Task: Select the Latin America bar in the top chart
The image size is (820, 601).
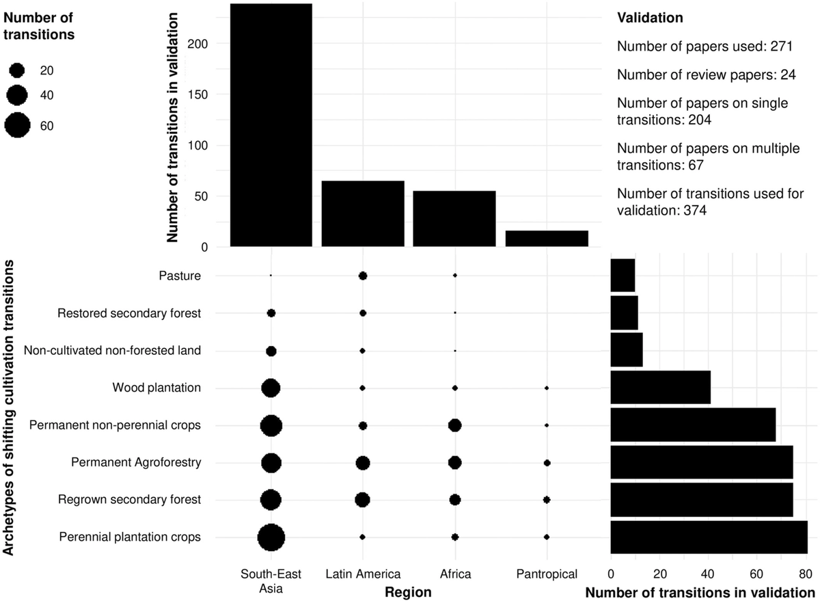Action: (x=363, y=213)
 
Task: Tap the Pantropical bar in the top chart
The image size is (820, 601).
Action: (x=547, y=239)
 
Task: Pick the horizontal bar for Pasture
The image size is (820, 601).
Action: (x=623, y=276)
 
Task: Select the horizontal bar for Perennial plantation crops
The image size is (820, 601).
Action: (x=709, y=537)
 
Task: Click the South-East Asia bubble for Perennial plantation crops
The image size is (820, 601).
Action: (x=271, y=537)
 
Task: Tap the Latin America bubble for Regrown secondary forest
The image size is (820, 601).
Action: (x=363, y=500)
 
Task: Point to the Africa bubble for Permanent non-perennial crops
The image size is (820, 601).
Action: (x=454, y=425)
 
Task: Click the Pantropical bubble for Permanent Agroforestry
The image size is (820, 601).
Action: (x=547, y=463)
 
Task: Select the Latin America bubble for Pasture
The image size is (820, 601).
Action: (x=363, y=276)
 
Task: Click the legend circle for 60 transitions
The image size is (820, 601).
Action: (x=17, y=125)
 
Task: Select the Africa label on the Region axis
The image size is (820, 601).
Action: (x=454, y=573)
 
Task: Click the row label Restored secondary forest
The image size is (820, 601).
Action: (x=129, y=313)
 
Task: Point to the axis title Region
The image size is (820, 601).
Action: (x=408, y=592)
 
